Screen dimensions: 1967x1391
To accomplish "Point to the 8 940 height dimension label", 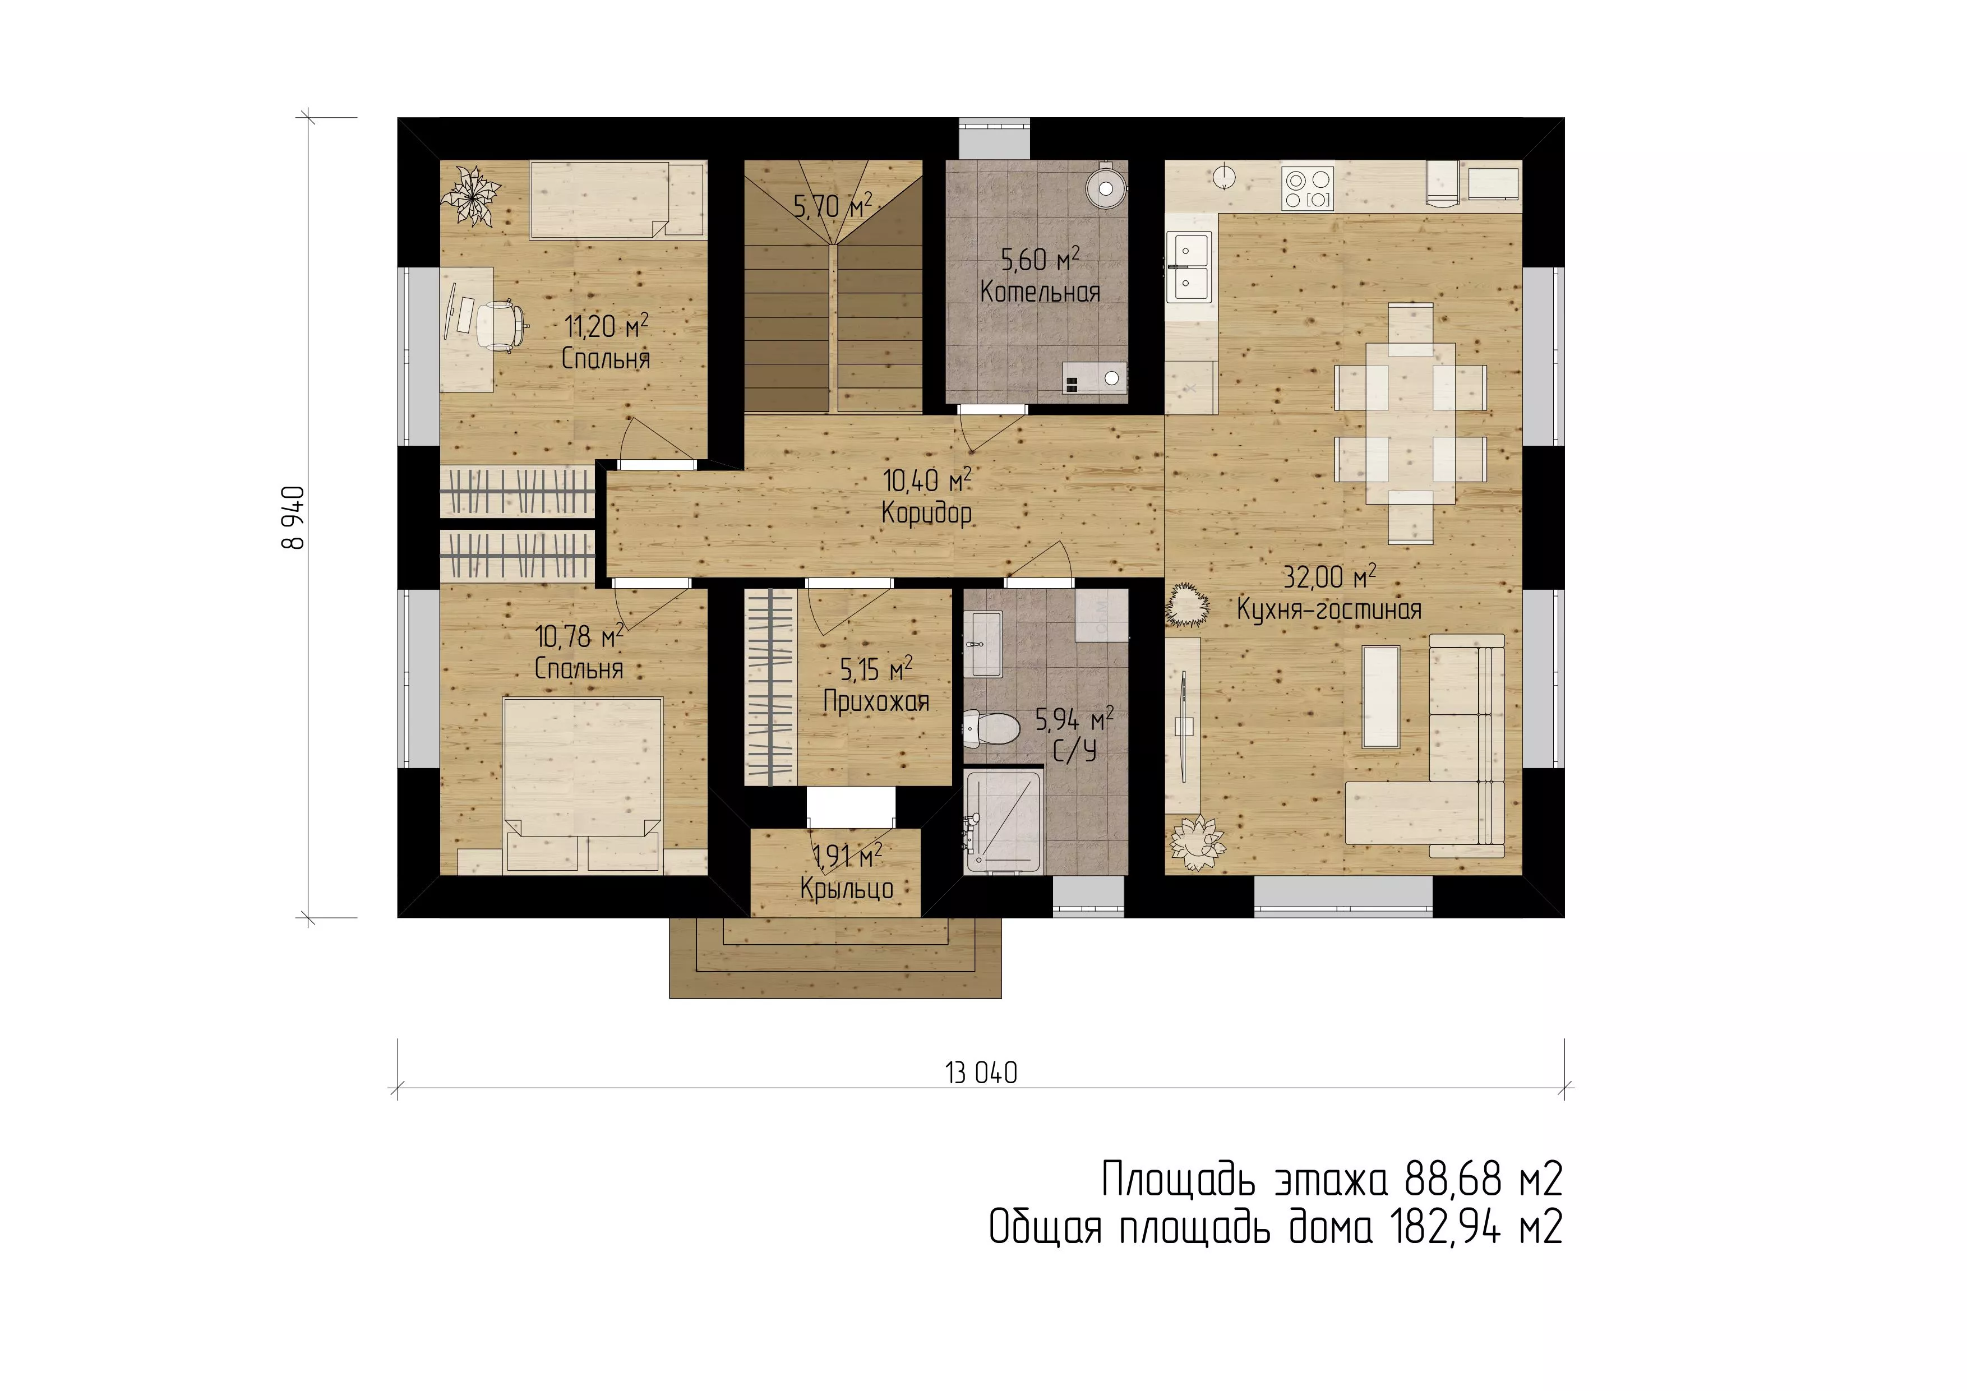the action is pyautogui.click(x=293, y=517).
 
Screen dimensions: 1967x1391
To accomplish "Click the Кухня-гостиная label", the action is pyautogui.click(x=1329, y=610).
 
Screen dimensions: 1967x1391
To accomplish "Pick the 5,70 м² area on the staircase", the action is pyautogui.click(x=833, y=206).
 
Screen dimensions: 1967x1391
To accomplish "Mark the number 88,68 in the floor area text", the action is pyautogui.click(x=1453, y=1180).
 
